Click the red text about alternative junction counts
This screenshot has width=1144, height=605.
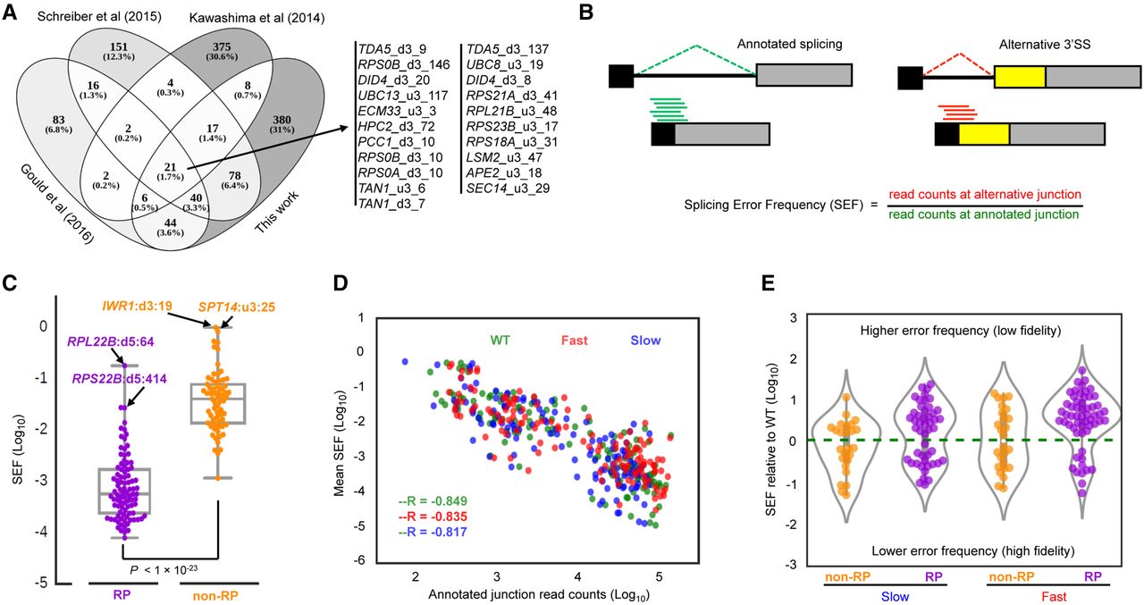[985, 193]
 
